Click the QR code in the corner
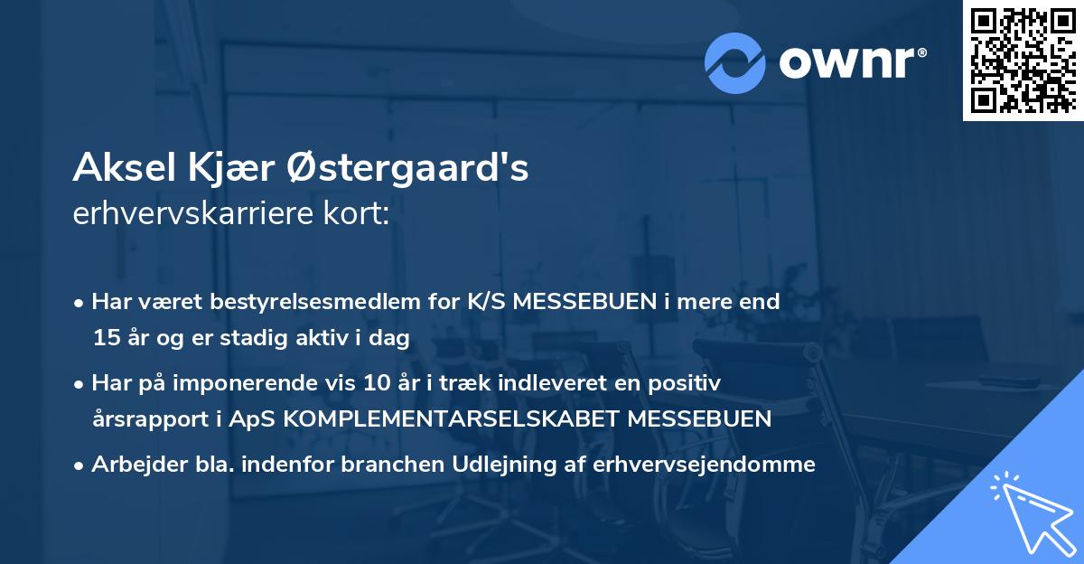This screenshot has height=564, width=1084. pos(1023,60)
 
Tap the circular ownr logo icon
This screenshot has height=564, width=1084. pos(735,62)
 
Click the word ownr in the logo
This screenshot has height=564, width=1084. pos(850,61)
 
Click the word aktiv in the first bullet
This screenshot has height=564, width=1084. pos(329,339)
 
